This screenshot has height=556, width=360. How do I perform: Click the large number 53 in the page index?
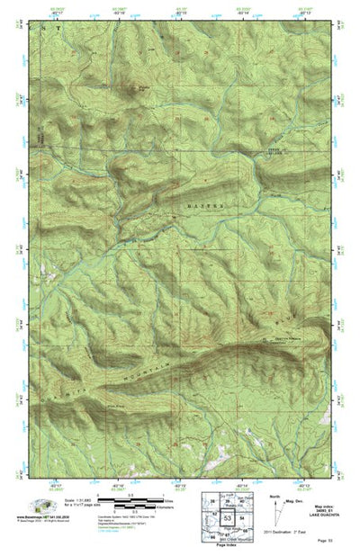[x=228, y=520]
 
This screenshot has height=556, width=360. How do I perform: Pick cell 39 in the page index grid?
[x=229, y=500]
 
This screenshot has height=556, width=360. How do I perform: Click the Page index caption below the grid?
[x=228, y=548]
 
